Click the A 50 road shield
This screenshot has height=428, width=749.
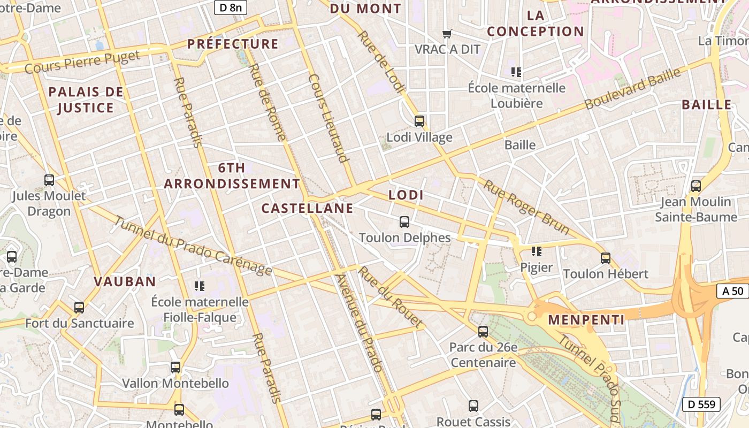732,291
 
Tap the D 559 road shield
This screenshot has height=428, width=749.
701,404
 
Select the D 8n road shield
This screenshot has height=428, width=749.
231,7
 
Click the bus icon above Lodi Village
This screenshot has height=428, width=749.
419,121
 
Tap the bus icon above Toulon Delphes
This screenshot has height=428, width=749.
404,221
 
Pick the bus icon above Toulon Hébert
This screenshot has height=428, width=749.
606,258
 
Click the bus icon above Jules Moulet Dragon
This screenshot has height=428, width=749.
49,180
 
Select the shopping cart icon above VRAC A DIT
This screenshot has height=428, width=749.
447,34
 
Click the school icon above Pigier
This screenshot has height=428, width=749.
537,251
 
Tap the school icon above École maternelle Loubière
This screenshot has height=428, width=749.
516,72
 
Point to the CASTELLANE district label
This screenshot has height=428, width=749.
308,208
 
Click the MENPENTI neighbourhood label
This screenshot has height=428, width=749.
586,320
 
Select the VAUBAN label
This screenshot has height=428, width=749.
125,281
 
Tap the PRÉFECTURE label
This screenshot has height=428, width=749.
233,44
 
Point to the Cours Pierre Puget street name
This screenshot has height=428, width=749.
82,62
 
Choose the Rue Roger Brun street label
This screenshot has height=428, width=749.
526,207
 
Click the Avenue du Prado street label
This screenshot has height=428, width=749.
359,323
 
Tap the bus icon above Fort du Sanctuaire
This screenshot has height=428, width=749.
79,308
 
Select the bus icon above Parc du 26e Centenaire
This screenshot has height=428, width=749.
483,332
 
